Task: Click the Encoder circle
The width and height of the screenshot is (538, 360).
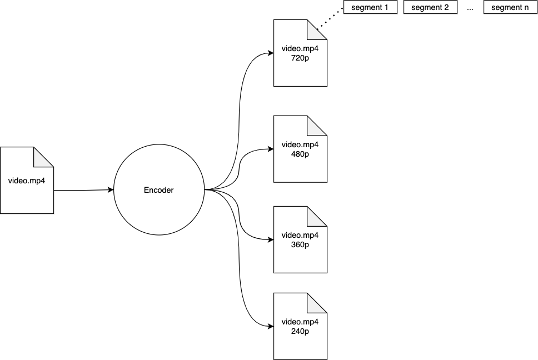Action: coord(159,190)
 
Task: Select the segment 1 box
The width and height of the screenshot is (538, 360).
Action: coord(370,7)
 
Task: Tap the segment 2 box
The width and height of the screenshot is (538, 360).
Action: coord(430,7)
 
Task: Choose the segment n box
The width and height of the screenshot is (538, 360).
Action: coord(510,7)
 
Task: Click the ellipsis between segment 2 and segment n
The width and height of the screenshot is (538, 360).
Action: coord(470,8)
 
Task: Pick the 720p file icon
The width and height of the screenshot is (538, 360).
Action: coord(300,53)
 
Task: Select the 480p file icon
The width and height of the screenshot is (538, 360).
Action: coord(300,149)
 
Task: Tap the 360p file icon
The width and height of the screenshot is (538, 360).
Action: coord(300,239)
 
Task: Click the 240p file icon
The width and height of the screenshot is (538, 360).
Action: coord(300,326)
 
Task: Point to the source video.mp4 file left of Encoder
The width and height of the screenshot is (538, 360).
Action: coord(27,181)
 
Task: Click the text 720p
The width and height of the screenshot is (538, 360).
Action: coord(300,58)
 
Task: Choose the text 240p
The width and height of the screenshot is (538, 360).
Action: coord(300,331)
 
